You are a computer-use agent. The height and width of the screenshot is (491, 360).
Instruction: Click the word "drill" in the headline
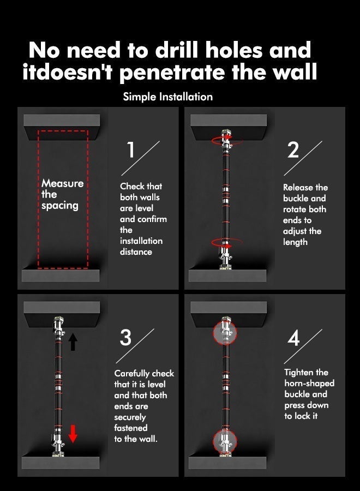(x=177, y=50)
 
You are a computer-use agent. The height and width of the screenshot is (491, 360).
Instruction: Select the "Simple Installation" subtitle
(x=168, y=97)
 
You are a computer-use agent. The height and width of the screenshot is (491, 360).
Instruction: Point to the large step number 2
(x=293, y=151)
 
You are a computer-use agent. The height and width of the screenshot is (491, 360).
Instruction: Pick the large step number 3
(x=125, y=337)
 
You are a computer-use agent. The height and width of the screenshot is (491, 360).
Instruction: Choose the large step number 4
(x=293, y=338)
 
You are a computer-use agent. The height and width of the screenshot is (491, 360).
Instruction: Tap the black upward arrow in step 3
(x=73, y=342)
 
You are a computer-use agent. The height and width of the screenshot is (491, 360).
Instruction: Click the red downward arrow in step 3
(x=73, y=434)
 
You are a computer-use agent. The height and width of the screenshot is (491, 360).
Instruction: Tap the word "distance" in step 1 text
(x=136, y=252)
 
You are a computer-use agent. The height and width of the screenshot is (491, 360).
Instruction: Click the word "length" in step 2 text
(x=295, y=242)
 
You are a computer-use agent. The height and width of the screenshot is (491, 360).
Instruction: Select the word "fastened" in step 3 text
(x=130, y=428)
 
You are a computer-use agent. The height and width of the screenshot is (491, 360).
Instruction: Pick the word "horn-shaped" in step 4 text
(x=309, y=384)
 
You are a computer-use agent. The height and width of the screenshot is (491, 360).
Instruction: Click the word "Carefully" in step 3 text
(x=131, y=374)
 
